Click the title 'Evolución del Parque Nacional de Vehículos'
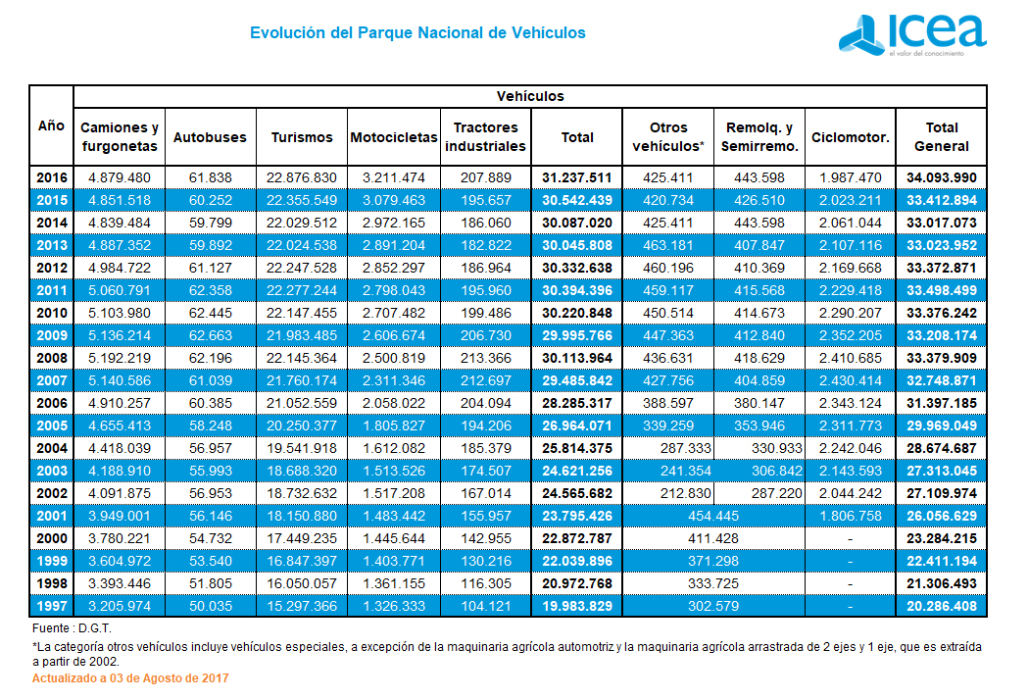(x=417, y=33)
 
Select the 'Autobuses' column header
(x=210, y=137)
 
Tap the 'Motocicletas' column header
(x=394, y=137)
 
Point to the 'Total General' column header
(x=941, y=137)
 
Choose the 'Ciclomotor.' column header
(x=851, y=137)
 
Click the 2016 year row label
(x=51, y=177)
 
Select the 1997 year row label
(x=51, y=607)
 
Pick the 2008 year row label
(x=51, y=358)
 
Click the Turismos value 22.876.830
(x=302, y=177)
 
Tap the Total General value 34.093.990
(x=941, y=177)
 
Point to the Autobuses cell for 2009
(x=210, y=335)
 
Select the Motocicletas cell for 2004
(x=394, y=448)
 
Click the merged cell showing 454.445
(x=713, y=516)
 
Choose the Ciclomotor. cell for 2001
(x=851, y=516)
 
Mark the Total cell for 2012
(x=577, y=268)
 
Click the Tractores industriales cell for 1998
(x=485, y=584)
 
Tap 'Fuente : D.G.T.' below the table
(x=73, y=626)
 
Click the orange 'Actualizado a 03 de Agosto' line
(x=130, y=678)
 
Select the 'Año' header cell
(x=51, y=125)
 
